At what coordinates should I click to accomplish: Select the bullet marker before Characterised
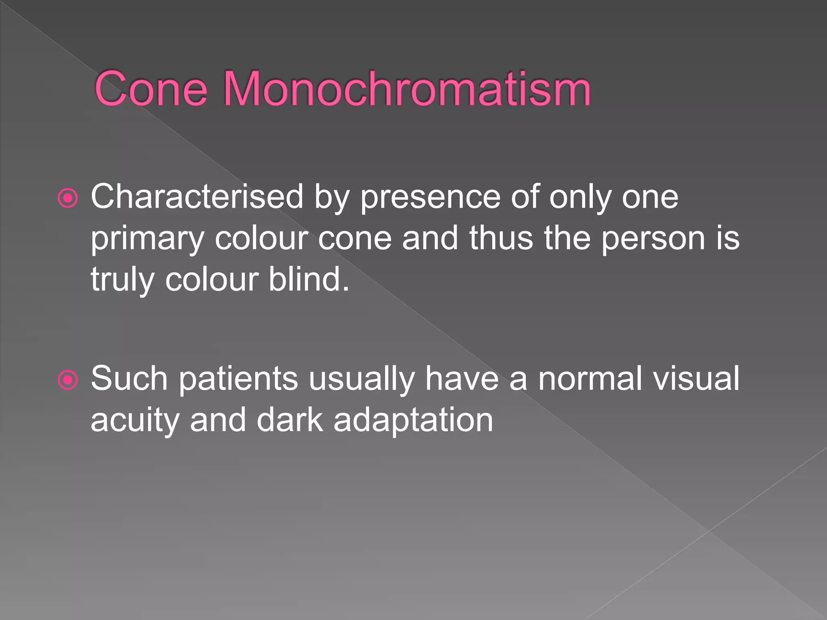coord(67,198)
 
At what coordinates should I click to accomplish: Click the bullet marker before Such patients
coord(67,380)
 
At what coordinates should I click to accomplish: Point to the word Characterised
coord(197,197)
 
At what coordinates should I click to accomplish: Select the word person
coord(653,239)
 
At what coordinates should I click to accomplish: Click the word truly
coord(122,281)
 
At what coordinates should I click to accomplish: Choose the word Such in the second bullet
coord(129,379)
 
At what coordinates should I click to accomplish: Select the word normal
coord(590,379)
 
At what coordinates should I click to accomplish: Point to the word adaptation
coord(413,421)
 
